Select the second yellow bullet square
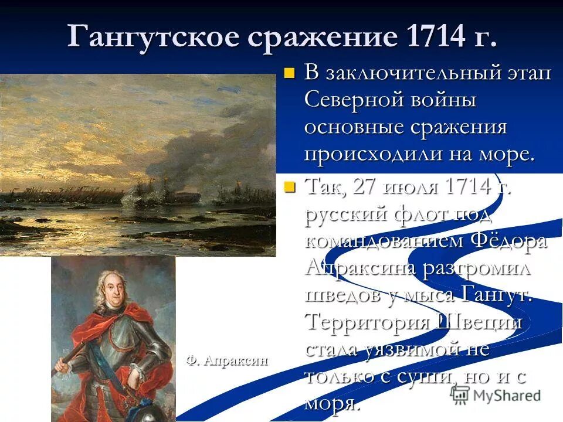(x=288, y=188)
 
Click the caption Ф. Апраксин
(x=228, y=360)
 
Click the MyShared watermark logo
(x=496, y=394)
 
